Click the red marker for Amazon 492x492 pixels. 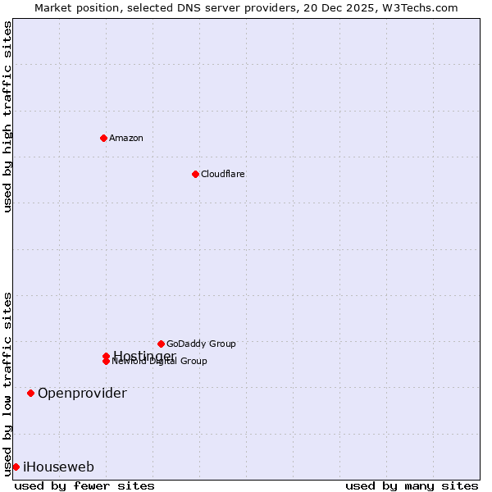click(103, 138)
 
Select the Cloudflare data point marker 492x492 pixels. click(195, 174)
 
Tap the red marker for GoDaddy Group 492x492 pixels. click(161, 344)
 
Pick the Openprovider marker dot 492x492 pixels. click(31, 393)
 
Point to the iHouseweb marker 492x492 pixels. click(16, 467)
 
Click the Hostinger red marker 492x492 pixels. click(106, 356)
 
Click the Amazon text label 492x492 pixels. click(126, 138)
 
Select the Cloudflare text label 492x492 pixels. click(223, 174)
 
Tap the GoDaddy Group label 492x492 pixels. click(201, 344)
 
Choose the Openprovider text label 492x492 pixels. click(82, 393)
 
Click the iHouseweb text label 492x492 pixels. click(58, 467)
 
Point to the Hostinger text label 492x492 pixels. click(144, 355)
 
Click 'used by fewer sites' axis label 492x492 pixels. click(84, 485)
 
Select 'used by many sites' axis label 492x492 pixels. click(412, 485)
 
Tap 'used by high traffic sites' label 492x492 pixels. click(7, 116)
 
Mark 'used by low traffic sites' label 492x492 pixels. click(7, 384)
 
